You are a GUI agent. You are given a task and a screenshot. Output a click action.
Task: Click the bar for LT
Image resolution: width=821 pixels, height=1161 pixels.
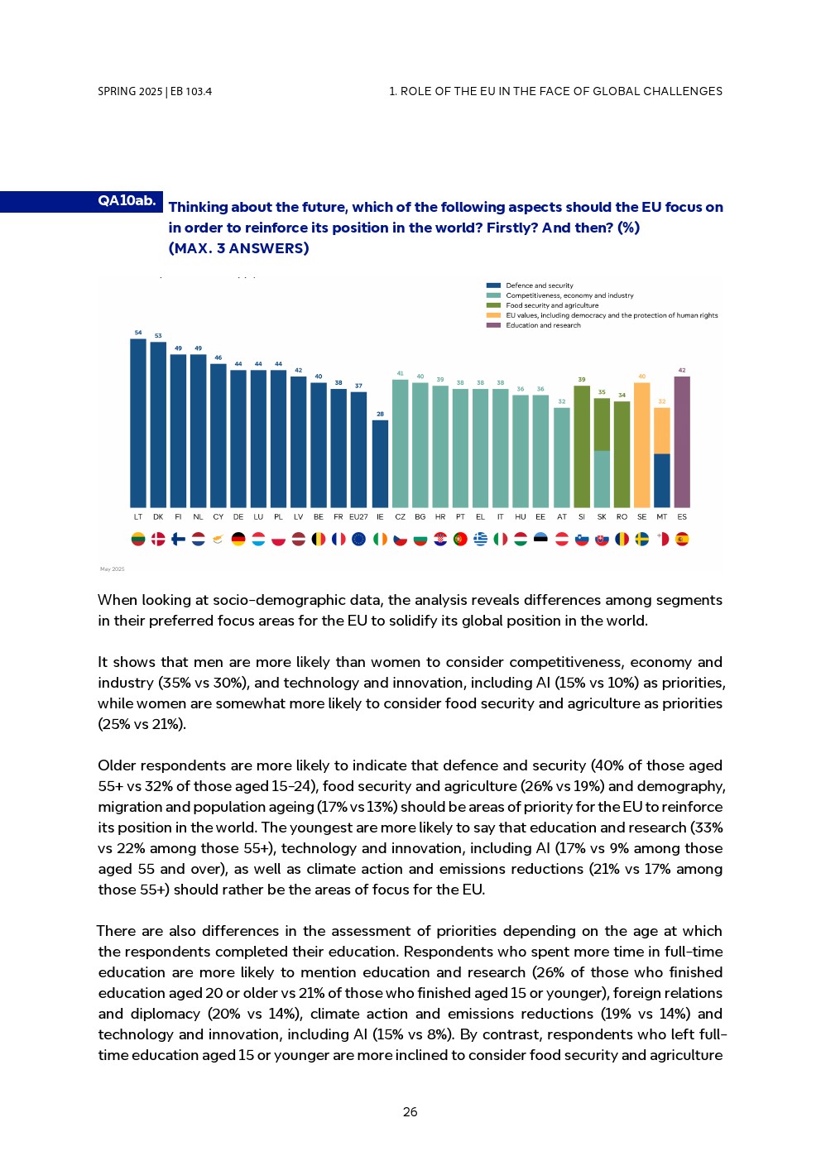(138, 423)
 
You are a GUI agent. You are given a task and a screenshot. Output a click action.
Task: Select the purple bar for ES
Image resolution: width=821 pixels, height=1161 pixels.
(682, 442)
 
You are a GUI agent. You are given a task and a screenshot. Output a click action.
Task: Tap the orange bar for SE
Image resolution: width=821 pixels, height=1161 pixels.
(641, 445)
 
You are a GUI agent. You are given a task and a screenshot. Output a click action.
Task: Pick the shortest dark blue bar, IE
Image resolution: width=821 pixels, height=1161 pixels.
(380, 463)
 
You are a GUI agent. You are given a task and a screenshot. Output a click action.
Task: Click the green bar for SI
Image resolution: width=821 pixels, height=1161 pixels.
(582, 447)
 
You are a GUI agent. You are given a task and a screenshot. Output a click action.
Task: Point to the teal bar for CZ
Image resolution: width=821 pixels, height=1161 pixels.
(400, 444)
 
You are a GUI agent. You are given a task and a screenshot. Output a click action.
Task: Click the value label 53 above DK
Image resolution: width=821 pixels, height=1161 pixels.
(158, 336)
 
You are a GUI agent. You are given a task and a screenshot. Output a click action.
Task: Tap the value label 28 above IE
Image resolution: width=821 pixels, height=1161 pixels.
(380, 414)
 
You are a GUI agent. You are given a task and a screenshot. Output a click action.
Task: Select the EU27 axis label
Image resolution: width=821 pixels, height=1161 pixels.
(358, 517)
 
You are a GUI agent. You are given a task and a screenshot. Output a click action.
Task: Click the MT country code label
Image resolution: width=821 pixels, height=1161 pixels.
(661, 517)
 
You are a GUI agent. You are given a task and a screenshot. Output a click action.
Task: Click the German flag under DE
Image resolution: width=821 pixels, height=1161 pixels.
(238, 540)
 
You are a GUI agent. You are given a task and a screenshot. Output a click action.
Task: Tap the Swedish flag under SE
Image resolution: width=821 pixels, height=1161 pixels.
(641, 540)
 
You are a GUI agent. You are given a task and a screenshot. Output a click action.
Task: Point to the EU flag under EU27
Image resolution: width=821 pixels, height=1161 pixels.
(358, 540)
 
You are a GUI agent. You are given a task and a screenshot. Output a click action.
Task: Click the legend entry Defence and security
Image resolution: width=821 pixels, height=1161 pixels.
(539, 285)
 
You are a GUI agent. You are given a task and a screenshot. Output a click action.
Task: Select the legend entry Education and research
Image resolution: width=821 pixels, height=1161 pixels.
(543, 325)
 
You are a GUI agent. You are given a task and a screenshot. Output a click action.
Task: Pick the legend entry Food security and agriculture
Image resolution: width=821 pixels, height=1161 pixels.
(552, 305)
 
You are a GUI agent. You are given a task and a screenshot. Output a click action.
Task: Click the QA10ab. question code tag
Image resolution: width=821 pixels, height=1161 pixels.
(127, 201)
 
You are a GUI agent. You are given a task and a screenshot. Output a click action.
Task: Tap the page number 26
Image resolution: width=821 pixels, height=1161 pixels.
(410, 1112)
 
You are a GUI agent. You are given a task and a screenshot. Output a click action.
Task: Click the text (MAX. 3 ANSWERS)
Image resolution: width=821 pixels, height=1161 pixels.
(238, 248)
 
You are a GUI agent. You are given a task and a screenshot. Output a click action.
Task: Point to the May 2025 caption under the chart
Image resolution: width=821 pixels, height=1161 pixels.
(113, 569)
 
